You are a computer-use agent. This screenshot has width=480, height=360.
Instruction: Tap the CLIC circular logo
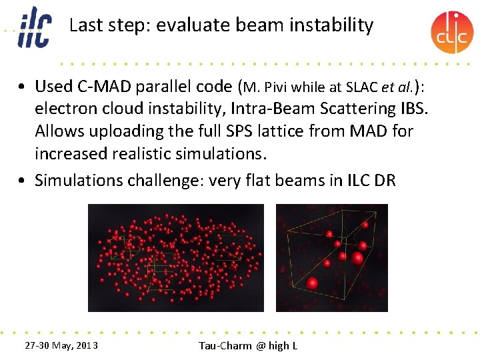tap(451, 32)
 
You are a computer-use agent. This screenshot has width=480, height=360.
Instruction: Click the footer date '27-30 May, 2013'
tap(61, 345)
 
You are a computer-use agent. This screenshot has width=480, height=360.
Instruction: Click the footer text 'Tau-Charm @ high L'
tap(248, 345)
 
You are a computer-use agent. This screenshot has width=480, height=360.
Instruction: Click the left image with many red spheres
tap(176, 257)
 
